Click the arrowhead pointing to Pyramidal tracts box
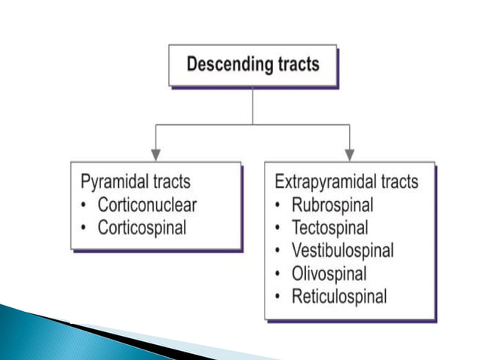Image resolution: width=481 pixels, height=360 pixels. point(155,154)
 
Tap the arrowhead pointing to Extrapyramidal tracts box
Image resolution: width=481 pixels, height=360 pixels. point(349,154)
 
